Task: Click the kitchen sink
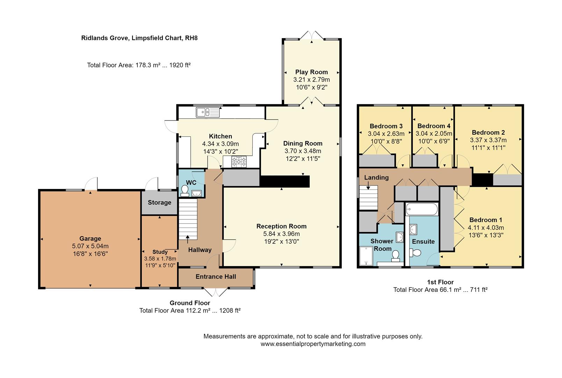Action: [x=208, y=112]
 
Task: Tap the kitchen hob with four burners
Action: [x=239, y=162]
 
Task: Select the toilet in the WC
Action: [x=185, y=191]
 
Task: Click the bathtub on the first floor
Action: [x=422, y=209]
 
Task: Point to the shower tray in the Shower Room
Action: [x=366, y=256]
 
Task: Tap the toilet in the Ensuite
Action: [x=415, y=253]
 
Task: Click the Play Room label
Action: [x=311, y=72]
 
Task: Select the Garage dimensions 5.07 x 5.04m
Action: [x=90, y=246]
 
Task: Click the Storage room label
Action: [x=160, y=202]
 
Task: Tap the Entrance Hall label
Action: [x=216, y=276]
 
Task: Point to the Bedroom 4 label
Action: [x=434, y=126]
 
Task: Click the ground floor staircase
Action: [x=188, y=219]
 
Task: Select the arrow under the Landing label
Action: [x=368, y=185]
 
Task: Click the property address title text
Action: [x=139, y=38]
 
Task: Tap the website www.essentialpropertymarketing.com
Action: [x=313, y=344]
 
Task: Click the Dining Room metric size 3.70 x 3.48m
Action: [x=303, y=151]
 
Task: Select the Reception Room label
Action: [x=281, y=226]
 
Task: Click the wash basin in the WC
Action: [x=196, y=193]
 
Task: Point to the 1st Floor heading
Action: [x=440, y=282]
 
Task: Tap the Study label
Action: [x=160, y=252]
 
